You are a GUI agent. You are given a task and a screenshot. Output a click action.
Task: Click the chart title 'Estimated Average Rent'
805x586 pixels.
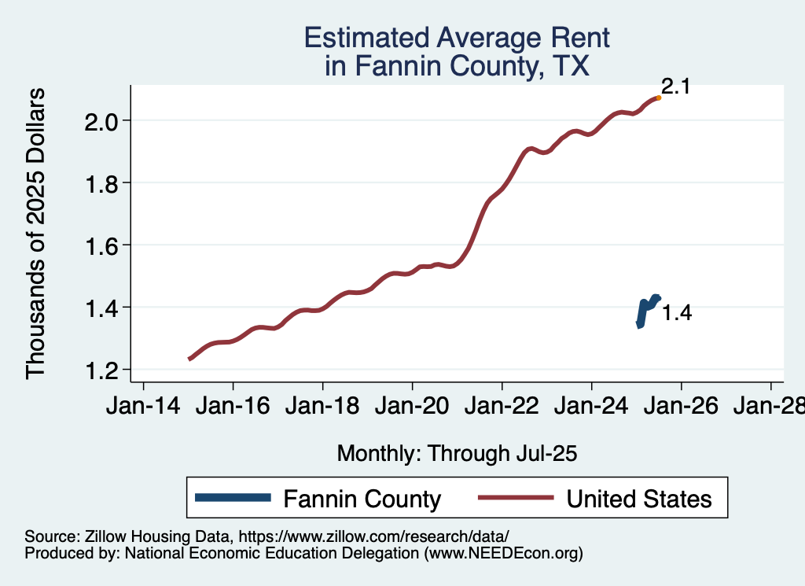pyautogui.click(x=457, y=38)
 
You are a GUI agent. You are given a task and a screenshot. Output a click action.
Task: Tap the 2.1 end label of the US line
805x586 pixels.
pyautogui.click(x=675, y=87)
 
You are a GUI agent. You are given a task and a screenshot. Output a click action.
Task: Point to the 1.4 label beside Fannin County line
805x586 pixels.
pyautogui.click(x=676, y=313)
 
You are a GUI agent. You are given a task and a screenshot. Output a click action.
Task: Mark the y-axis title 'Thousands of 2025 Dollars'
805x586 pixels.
pyautogui.click(x=36, y=234)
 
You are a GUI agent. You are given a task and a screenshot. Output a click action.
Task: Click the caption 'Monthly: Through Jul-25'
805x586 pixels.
pyautogui.click(x=457, y=454)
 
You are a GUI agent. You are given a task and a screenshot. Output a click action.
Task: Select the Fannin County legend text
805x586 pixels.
pyautogui.click(x=362, y=499)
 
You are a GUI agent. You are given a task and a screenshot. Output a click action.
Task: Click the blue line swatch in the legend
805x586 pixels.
pyautogui.click(x=233, y=498)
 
